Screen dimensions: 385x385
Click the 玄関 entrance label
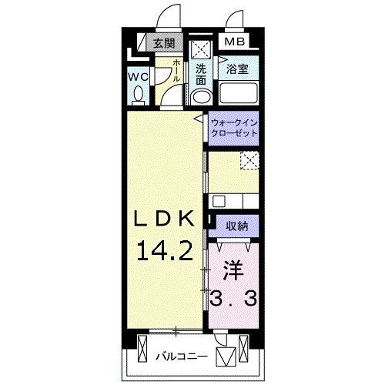click(164, 43)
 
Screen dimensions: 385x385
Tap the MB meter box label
click(235, 42)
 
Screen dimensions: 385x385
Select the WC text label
click(139, 77)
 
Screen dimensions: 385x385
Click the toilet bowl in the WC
click(139, 95)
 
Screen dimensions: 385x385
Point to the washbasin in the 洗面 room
click(202, 97)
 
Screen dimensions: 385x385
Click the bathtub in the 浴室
click(238, 92)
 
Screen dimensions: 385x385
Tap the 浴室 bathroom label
click(237, 69)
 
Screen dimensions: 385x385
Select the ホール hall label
click(176, 71)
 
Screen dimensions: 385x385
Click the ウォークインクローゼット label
click(234, 128)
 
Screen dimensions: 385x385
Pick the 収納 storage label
click(237, 226)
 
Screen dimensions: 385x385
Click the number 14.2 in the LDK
click(165, 252)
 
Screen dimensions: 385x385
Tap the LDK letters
click(164, 218)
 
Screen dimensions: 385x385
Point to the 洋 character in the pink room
click(233, 270)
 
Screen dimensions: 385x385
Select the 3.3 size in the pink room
click(233, 299)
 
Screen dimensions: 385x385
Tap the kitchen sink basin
click(218, 202)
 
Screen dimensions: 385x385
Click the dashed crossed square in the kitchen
click(249, 160)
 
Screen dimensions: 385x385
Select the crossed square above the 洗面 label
click(202, 49)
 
